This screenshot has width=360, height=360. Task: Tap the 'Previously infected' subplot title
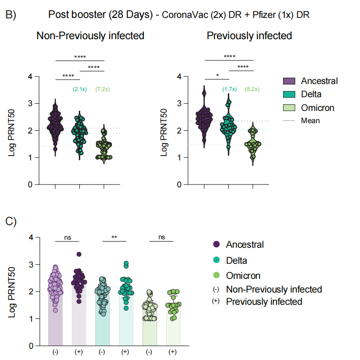coord(249,35)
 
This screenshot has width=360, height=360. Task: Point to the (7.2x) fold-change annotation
coord(104,90)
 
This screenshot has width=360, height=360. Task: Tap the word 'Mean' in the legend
coord(310,120)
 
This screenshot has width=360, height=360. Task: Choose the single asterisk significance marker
coord(217,75)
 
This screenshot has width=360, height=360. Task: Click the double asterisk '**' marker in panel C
coord(114,238)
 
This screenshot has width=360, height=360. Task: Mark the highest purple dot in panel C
coord(79,254)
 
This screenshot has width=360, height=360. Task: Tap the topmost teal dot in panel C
coord(126,263)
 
